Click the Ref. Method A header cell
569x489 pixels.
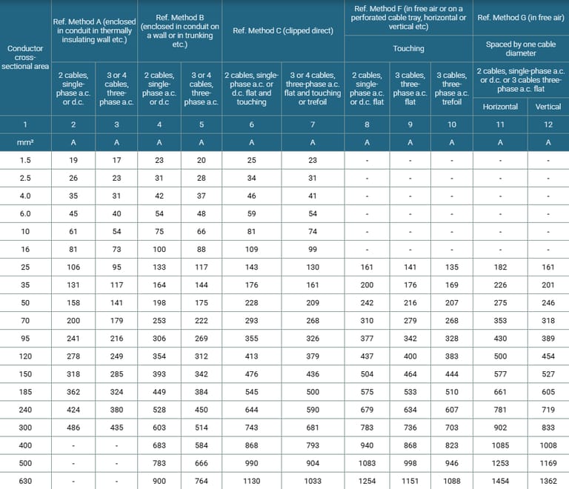[94, 30]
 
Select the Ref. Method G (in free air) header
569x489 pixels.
[520, 17]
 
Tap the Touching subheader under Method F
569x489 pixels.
[408, 48]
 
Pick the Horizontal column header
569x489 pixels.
[500, 107]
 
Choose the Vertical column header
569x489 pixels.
[548, 107]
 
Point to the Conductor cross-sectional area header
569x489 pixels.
[25, 58]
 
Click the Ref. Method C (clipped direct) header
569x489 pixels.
[282, 30]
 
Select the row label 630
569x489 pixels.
[25, 481]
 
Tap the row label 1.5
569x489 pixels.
[25, 160]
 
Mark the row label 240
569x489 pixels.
[25, 410]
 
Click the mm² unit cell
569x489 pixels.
[25, 142]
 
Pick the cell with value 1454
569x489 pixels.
[500, 481]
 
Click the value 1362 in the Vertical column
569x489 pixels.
[548, 481]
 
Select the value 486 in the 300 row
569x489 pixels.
[73, 428]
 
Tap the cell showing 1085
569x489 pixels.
[500, 445]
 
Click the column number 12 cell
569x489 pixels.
[548, 124]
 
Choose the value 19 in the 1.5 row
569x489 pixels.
[73, 160]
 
